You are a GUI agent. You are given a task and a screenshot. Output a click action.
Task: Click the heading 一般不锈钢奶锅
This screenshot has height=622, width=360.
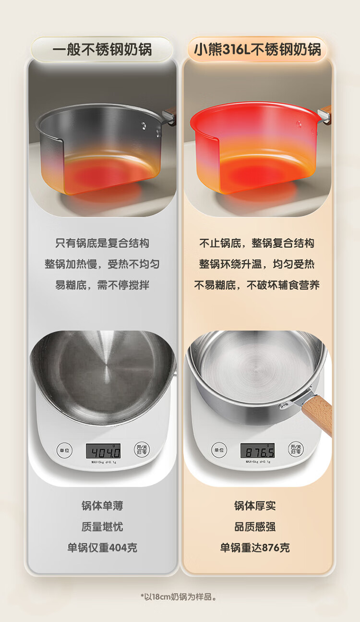point(102,50)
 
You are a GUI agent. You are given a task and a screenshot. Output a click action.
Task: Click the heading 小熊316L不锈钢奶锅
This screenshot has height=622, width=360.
point(257,50)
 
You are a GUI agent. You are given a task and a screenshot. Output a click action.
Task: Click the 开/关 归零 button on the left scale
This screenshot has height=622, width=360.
point(142,450)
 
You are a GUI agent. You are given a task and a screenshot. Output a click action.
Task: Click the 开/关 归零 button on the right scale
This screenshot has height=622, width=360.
point(295,449)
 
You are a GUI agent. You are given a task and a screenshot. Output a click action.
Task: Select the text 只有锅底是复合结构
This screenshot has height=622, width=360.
point(102,243)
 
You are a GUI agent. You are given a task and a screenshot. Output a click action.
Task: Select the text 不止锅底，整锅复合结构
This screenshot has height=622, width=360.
point(257,243)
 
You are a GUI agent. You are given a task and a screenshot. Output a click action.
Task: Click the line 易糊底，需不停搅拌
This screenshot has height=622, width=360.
point(102,285)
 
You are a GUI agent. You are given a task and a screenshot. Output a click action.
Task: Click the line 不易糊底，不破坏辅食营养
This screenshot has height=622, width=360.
point(257,285)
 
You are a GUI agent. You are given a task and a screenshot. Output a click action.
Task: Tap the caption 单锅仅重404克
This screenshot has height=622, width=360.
point(102,548)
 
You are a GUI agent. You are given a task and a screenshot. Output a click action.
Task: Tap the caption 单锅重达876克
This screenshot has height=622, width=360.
point(255,548)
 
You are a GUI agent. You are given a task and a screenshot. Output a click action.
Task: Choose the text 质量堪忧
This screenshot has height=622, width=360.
point(102,526)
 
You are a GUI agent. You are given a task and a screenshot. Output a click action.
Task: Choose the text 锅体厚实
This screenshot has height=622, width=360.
point(255,506)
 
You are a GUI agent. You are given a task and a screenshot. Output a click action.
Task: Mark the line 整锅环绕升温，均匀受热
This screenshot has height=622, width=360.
point(257,264)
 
